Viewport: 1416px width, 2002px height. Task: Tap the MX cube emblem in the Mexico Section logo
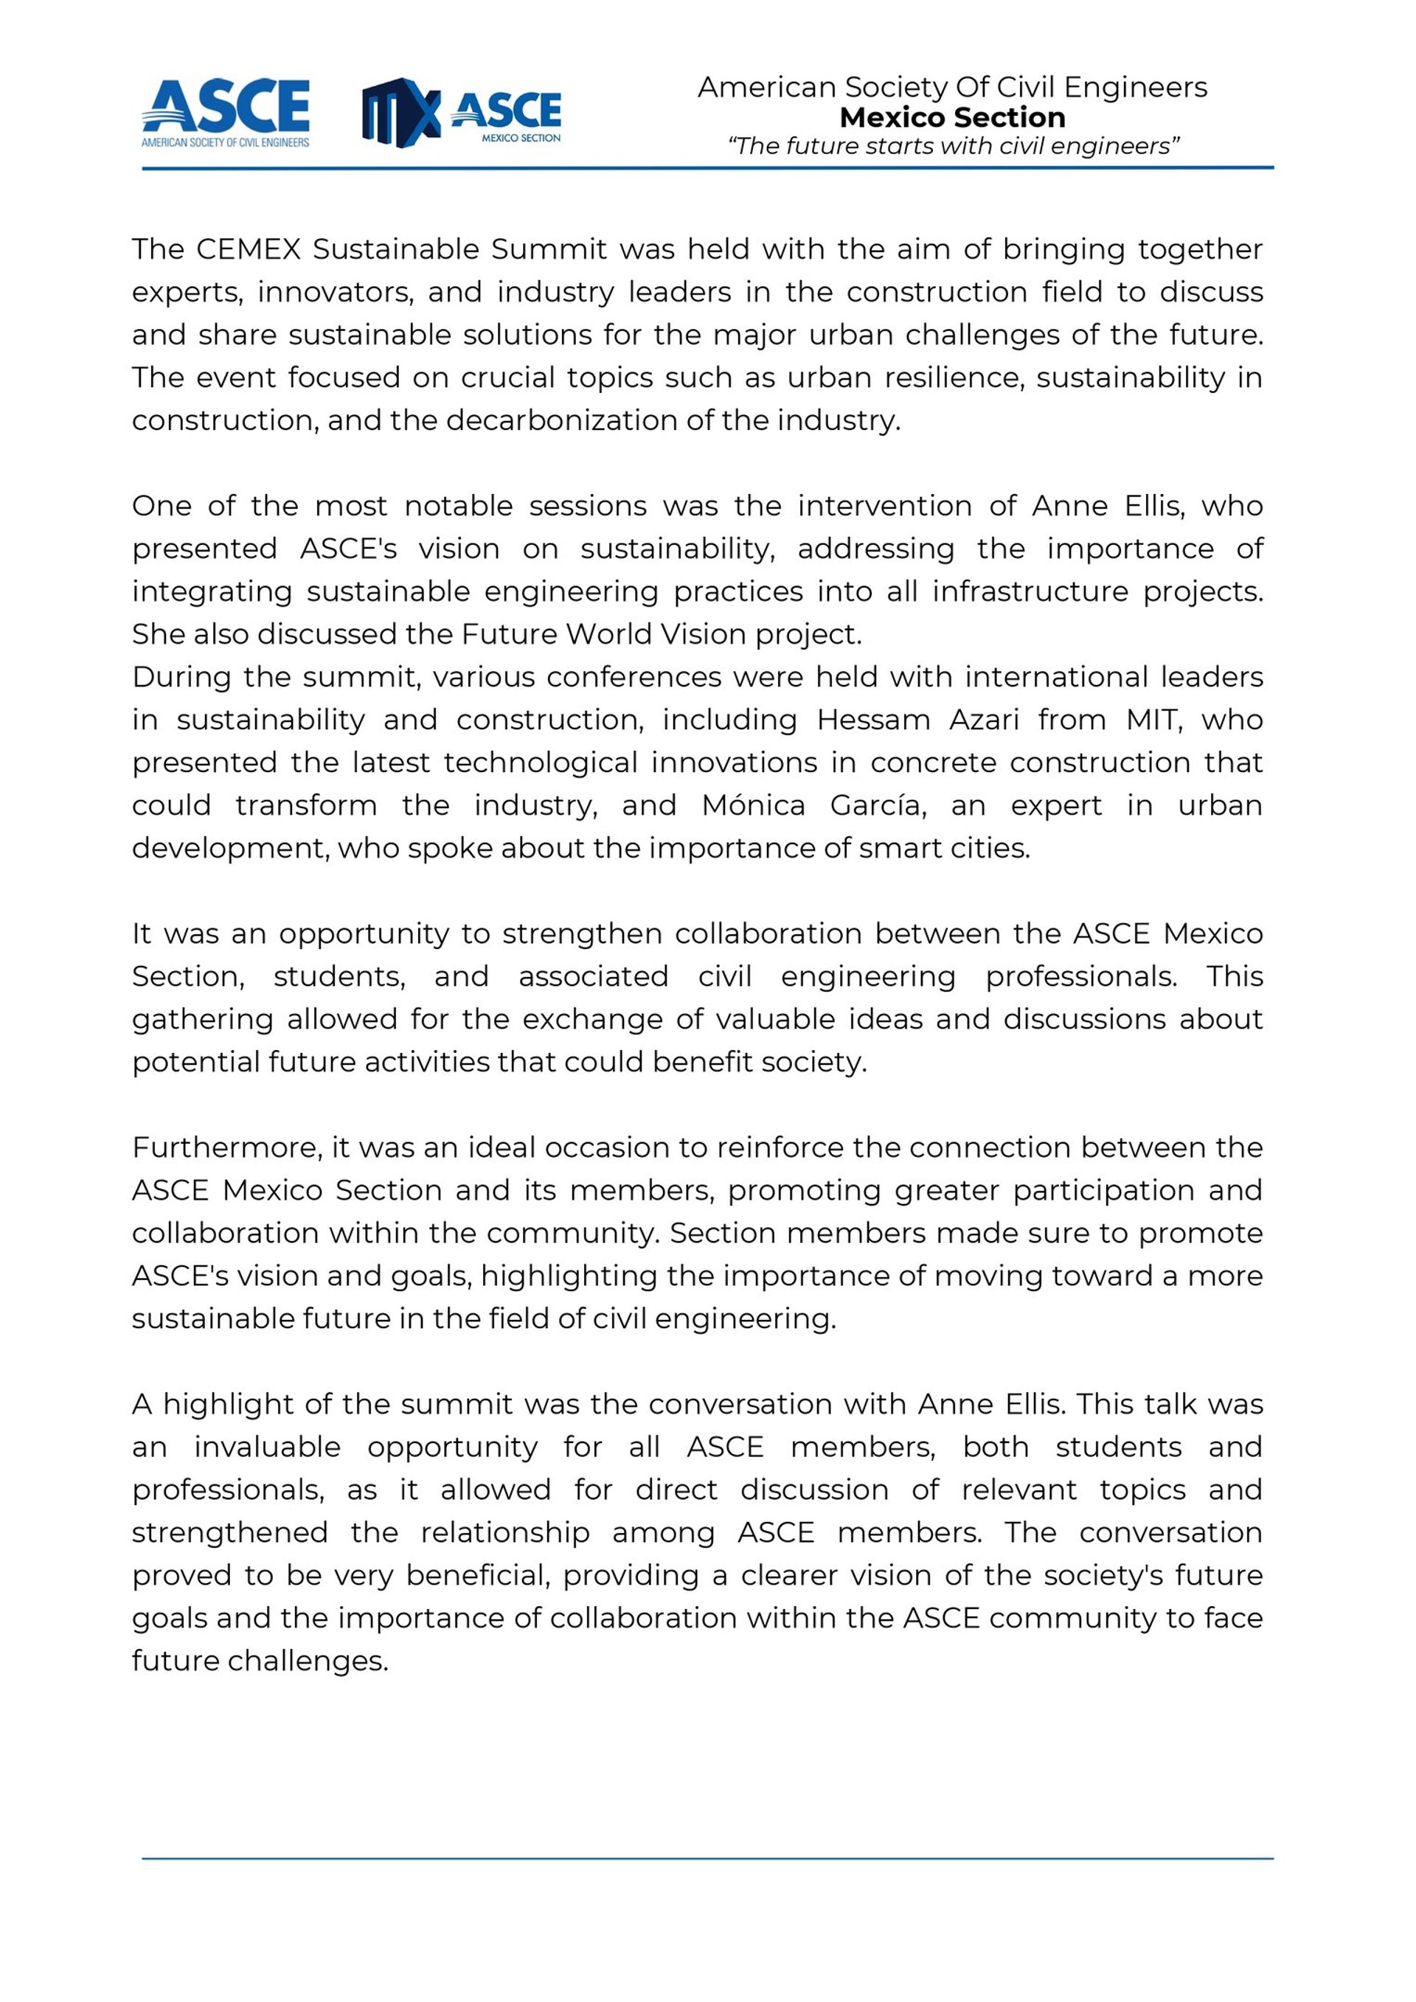[401, 113]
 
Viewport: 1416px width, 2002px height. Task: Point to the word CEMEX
[249, 249]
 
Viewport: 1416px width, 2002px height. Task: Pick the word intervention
[885, 506]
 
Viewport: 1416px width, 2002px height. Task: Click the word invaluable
[267, 1447]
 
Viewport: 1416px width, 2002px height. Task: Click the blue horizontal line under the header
[707, 167]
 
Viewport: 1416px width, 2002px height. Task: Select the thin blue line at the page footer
[707, 1859]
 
